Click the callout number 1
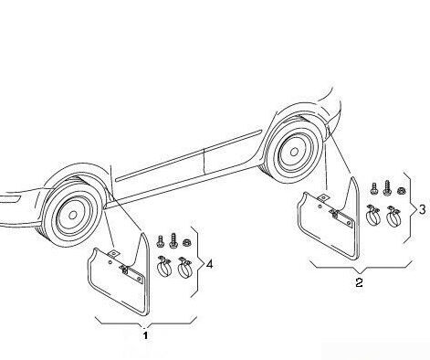[145, 335]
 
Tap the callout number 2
[359, 282]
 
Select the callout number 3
[422, 209]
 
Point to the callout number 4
[209, 264]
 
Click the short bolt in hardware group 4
[161, 241]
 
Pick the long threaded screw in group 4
[173, 240]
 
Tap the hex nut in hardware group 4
[185, 243]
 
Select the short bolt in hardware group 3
[373, 189]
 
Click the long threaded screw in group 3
[387, 187]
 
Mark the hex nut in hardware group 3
[401, 191]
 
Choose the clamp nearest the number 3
[393, 216]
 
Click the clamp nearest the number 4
[184, 267]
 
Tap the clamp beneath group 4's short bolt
[164, 267]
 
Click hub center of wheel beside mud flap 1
[72, 216]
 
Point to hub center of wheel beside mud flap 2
[294, 152]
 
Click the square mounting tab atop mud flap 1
[113, 253]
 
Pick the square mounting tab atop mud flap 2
[322, 198]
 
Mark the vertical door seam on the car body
[205, 162]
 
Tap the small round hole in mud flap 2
[320, 206]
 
